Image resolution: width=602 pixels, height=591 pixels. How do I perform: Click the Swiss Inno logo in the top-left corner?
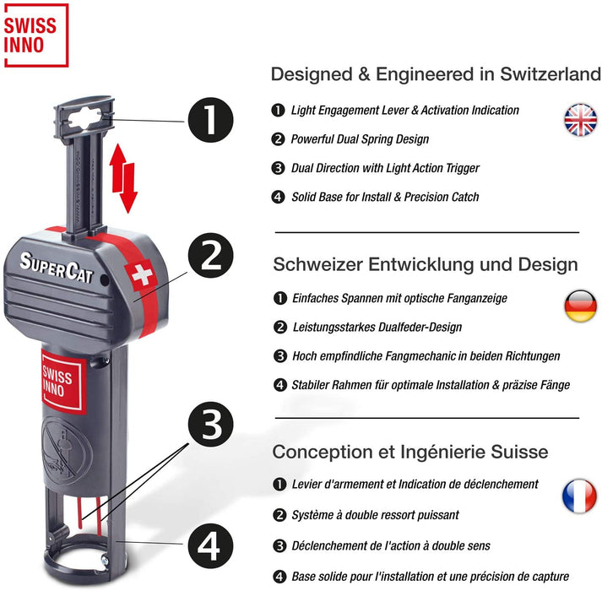(x=36, y=35)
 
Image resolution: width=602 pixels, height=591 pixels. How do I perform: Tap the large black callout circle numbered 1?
(x=210, y=120)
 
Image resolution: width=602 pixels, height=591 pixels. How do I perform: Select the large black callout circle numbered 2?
(x=211, y=256)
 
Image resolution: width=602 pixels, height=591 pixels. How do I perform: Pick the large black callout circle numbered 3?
(x=211, y=425)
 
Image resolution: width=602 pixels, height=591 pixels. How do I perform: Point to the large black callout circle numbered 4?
(x=210, y=545)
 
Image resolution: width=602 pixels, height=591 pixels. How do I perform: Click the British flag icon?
(x=581, y=120)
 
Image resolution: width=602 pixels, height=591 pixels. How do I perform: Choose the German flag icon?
(x=581, y=306)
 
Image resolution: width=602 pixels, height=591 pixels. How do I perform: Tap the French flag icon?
(x=579, y=496)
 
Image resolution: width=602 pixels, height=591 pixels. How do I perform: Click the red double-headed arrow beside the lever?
(x=123, y=179)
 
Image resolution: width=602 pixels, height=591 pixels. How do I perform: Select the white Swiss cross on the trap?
(x=142, y=274)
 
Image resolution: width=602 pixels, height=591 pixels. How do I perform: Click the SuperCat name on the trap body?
(x=57, y=268)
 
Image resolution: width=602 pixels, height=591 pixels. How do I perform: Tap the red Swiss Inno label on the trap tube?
(x=62, y=382)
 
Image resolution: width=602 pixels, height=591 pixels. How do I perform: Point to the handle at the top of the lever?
(x=84, y=117)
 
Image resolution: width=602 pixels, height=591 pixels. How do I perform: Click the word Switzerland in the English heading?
(x=550, y=74)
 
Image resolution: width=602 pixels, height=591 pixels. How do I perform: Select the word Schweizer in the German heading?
(x=318, y=264)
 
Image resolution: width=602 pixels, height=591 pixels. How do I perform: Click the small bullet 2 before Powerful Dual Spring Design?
(x=278, y=139)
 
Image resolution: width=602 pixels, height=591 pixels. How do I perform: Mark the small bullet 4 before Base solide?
(x=279, y=577)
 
